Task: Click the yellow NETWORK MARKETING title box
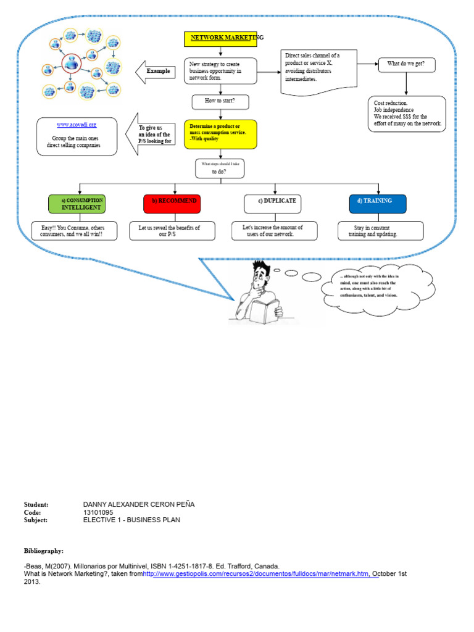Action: coord(220,39)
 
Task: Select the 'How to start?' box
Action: coord(220,101)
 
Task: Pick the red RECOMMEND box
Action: coord(172,204)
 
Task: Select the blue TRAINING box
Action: coord(378,204)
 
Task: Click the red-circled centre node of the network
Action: coord(72,62)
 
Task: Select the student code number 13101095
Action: coord(98,512)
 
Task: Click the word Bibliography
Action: coord(43,550)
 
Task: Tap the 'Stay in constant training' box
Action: coord(380,231)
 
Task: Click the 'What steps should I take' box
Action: coord(220,168)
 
